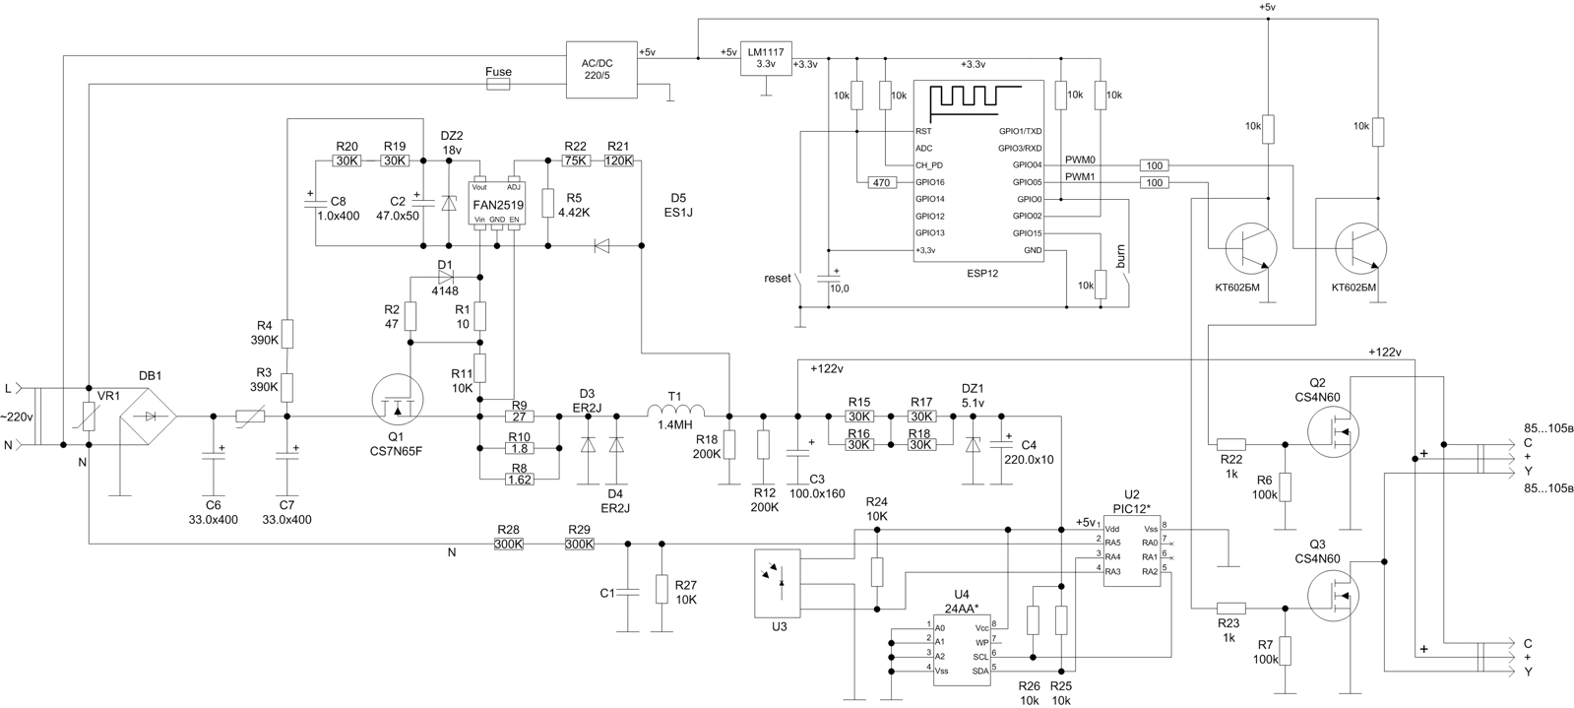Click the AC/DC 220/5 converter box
coord(602,69)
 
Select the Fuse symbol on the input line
coord(498,86)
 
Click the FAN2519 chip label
coord(497,205)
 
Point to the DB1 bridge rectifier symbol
coord(150,417)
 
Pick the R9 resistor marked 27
coord(518,417)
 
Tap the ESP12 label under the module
coord(982,274)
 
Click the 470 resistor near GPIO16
coord(879,182)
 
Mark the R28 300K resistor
coord(509,543)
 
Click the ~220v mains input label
coord(17,417)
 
